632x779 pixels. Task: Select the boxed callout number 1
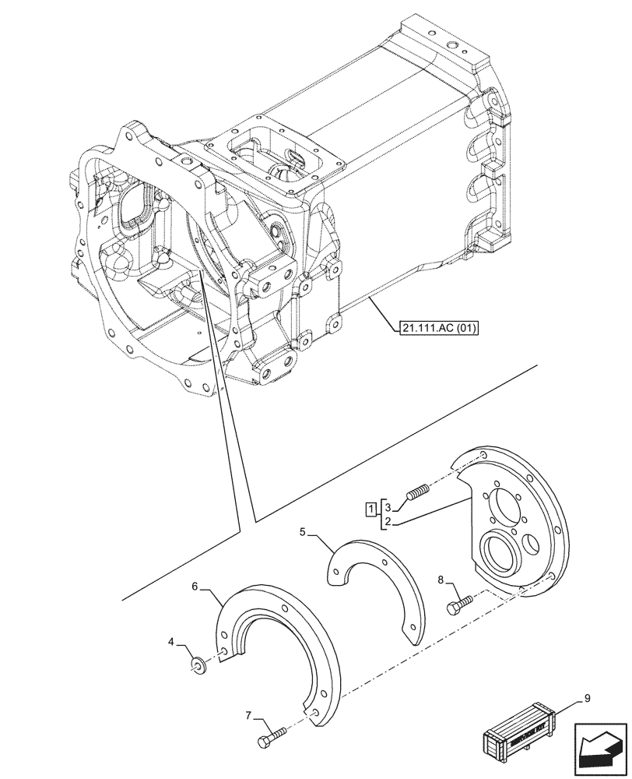[x=371, y=510]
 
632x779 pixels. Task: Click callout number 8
[x=441, y=579]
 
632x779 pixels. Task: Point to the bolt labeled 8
[x=458, y=605]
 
